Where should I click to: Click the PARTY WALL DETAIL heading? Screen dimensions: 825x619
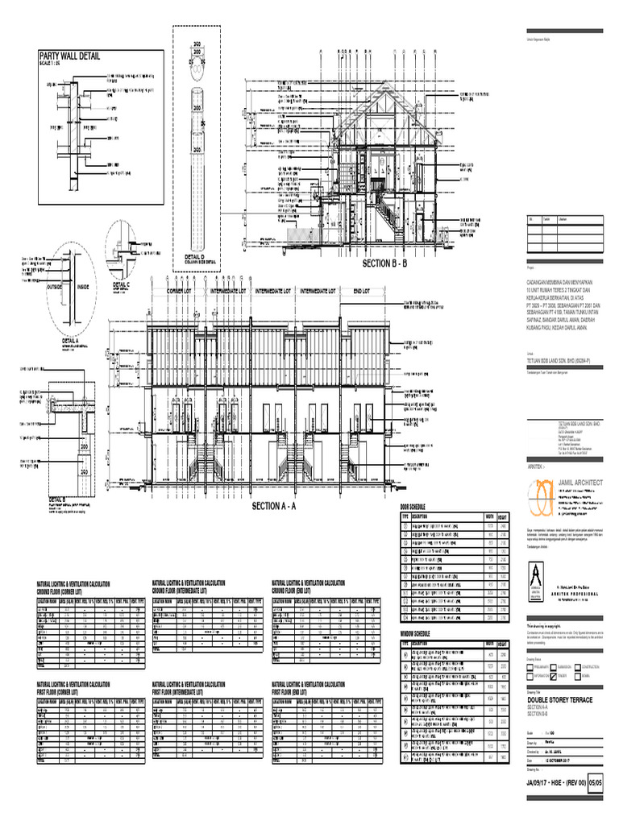[70, 56]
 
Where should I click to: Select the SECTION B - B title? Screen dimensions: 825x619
[386, 263]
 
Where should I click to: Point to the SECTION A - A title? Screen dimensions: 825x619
[274, 506]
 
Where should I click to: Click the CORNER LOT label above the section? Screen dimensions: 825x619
[184, 291]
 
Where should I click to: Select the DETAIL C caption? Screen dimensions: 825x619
[121, 284]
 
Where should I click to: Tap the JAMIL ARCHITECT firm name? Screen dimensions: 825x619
[573, 483]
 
